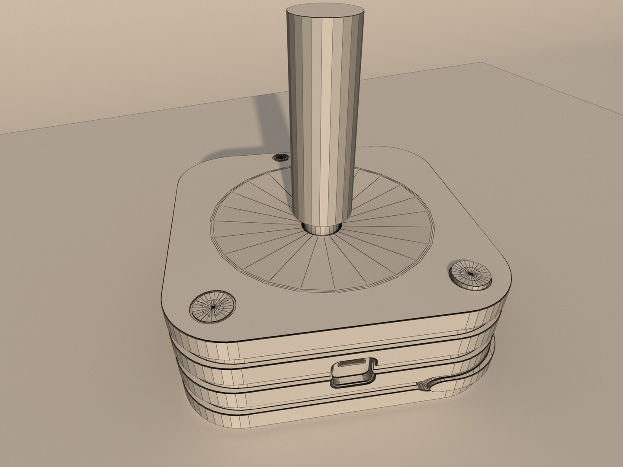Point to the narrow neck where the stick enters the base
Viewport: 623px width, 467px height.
click(322, 228)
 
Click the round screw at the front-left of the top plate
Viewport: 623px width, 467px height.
click(213, 306)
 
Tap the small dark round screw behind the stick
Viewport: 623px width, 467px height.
click(281, 157)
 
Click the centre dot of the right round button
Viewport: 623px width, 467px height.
click(470, 273)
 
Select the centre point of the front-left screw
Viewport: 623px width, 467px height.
click(213, 307)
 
